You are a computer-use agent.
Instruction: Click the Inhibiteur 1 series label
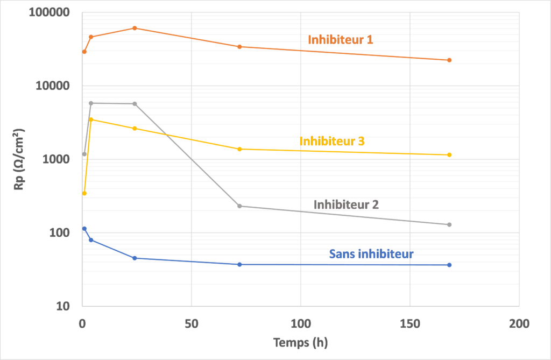(x=340, y=39)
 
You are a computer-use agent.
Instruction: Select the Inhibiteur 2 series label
(x=346, y=204)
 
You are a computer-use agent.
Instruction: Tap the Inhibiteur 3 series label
(x=332, y=141)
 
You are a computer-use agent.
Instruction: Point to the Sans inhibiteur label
(x=371, y=253)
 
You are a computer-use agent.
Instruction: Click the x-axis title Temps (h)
(x=300, y=342)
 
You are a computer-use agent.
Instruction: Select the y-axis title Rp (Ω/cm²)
(x=19, y=160)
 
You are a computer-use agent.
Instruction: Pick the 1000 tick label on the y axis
(x=56, y=160)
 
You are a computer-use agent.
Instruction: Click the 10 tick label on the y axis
(x=63, y=307)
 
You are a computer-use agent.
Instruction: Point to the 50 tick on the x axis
(x=191, y=323)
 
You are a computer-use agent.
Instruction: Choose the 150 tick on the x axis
(x=409, y=323)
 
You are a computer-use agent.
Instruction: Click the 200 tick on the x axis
(x=519, y=323)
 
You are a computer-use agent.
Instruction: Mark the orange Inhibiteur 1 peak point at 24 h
(x=135, y=28)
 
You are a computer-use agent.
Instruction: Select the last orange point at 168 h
(x=449, y=60)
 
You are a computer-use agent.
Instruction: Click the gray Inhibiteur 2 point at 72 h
(x=239, y=206)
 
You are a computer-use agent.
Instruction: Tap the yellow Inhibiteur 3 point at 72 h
(x=239, y=149)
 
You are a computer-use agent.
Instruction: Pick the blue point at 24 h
(x=135, y=258)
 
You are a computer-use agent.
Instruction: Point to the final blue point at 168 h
(x=449, y=265)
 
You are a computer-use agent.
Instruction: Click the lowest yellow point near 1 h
(x=84, y=193)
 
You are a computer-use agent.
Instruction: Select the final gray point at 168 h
(x=449, y=224)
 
